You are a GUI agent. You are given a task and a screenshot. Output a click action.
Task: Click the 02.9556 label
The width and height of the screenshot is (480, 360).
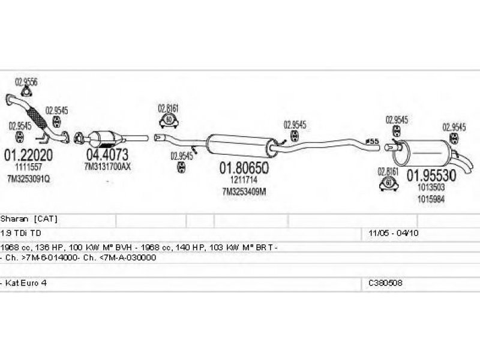[26, 82]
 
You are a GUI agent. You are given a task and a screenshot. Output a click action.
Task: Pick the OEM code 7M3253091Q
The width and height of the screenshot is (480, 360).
[29, 179]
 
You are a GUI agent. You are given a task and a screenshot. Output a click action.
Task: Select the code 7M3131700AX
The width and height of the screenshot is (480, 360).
[107, 166]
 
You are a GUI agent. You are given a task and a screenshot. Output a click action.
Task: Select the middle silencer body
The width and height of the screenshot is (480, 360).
[235, 144]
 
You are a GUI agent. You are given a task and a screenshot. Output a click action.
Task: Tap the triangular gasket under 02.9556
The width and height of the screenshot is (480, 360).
[26, 92]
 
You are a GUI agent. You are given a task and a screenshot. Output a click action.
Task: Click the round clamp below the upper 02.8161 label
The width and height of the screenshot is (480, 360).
[169, 121]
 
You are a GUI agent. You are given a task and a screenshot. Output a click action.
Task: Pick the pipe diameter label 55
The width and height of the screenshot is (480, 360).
[373, 141]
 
